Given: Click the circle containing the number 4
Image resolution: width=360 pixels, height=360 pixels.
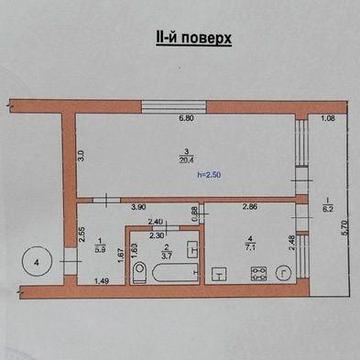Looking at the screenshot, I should click(37, 262).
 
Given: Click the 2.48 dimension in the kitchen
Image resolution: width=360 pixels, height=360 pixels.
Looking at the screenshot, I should click(290, 244).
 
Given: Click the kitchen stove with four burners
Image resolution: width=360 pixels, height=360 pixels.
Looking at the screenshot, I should click(257, 271).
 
